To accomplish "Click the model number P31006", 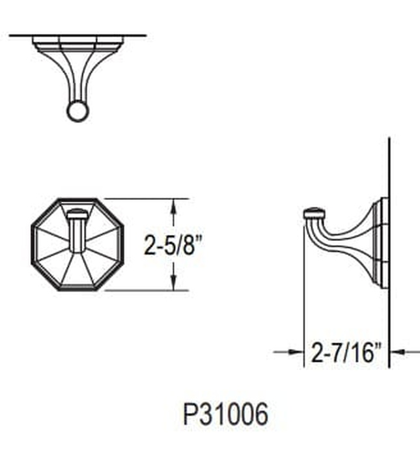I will (225, 414).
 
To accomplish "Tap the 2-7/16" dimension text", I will (345, 354).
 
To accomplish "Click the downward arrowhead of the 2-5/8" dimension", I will (173, 284).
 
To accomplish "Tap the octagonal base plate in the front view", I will (46, 261).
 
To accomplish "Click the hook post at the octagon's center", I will (77, 231).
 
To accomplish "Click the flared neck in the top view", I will (77, 75).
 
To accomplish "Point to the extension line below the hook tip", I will (304, 293).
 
